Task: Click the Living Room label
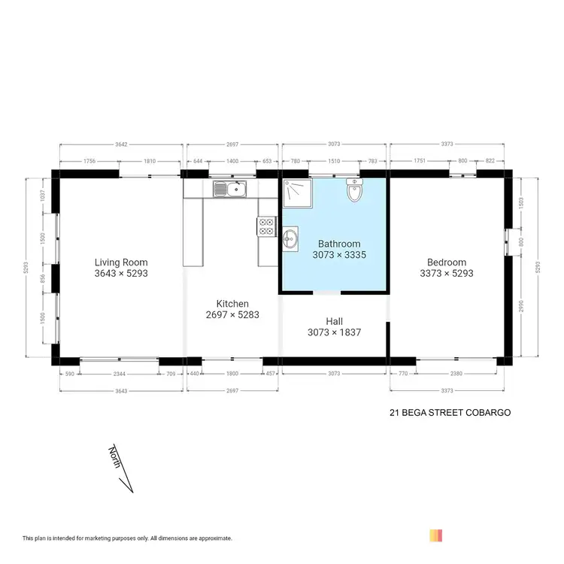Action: pos(120,262)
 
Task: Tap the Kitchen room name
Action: pos(232,303)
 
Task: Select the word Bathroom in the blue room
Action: pos(338,244)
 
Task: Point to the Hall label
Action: pos(334,320)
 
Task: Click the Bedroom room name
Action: pos(447,262)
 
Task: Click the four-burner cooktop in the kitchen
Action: pos(266,226)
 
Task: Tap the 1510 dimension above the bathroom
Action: pos(334,160)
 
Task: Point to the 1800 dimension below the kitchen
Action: pos(232,373)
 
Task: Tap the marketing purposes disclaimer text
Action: pos(127,538)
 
